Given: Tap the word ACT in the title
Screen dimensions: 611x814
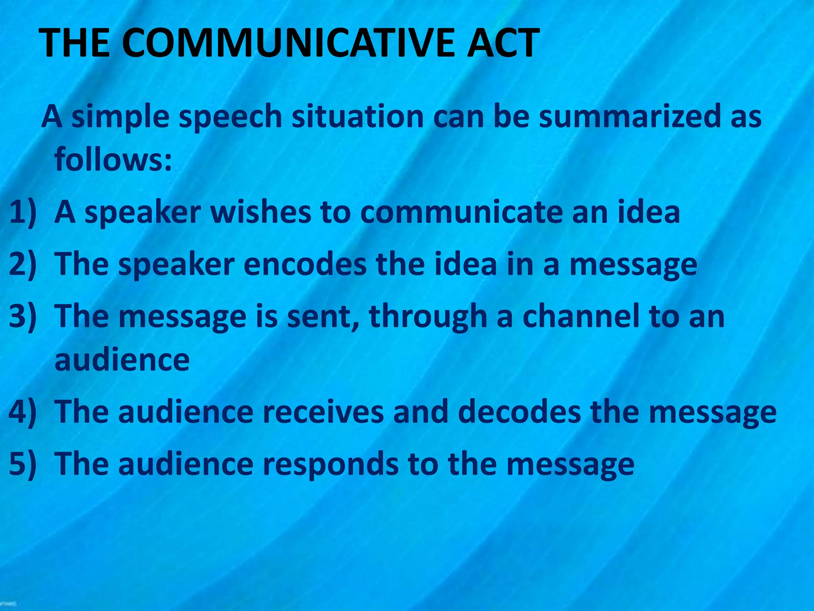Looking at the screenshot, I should [503, 43].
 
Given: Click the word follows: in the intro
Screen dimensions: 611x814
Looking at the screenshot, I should [113, 159].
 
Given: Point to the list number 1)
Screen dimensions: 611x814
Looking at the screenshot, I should [23, 212].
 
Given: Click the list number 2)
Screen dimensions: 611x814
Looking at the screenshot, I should [23, 264].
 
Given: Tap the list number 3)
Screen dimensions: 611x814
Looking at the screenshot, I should [23, 316].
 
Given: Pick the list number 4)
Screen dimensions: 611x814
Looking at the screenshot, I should [23, 411].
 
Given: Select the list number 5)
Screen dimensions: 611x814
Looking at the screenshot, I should [23, 464].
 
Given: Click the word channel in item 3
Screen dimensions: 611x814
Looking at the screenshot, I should [581, 316].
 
